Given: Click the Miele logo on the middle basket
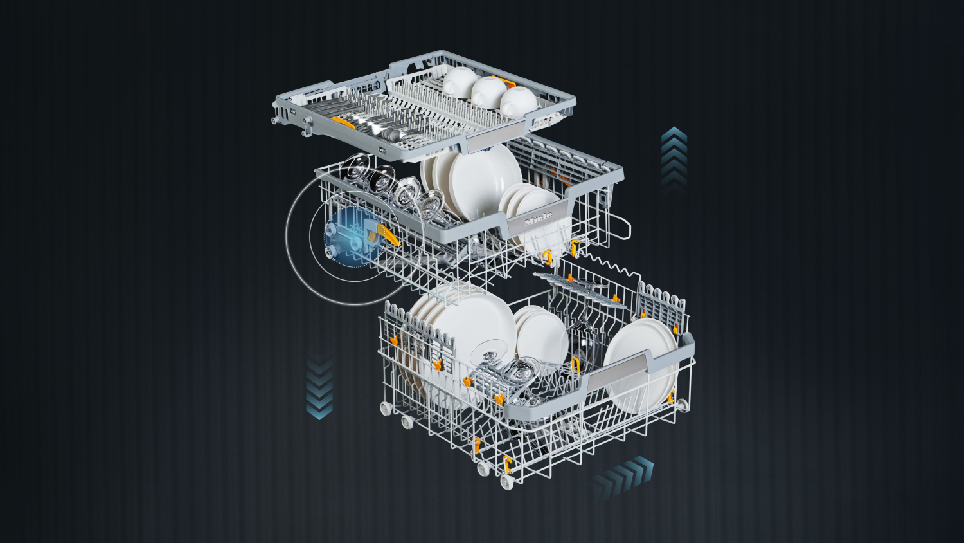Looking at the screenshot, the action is [539, 219].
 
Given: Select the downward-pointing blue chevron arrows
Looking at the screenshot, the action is [319, 387].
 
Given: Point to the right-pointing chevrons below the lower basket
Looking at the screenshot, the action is [623, 476].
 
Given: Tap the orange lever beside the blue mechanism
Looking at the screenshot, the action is [387, 235].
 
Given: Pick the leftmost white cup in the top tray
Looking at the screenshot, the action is [460, 80].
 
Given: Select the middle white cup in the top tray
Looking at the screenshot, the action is [489, 92].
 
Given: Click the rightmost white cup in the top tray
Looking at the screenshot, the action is [519, 102].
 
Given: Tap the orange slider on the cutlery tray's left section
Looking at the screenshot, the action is [343, 123].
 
